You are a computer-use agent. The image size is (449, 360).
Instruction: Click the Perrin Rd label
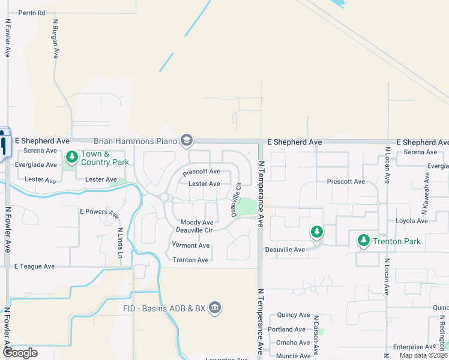tap(32, 13)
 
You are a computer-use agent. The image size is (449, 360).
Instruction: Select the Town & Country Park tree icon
tap(72, 157)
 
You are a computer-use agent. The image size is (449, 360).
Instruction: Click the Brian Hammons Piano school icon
tap(187, 141)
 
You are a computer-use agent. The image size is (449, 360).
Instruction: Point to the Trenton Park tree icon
tap(363, 241)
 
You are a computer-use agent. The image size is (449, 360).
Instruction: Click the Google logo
tap(19, 353)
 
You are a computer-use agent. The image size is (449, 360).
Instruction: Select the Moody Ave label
tap(197, 223)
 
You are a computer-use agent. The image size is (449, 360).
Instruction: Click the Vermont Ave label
tap(190, 245)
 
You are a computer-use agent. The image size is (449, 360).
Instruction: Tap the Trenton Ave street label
tap(190, 260)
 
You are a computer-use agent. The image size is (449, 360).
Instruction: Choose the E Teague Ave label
tap(34, 266)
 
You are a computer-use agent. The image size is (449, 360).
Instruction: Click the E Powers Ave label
tap(99, 212)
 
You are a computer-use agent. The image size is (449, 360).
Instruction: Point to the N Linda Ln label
tap(121, 243)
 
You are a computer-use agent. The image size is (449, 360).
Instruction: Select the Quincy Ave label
tap(294, 315)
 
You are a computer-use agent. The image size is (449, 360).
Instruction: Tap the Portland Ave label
tap(288, 329)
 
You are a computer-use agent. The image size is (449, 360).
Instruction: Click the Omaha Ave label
tap(293, 343)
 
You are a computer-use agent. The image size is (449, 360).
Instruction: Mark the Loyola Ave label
tap(411, 221)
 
